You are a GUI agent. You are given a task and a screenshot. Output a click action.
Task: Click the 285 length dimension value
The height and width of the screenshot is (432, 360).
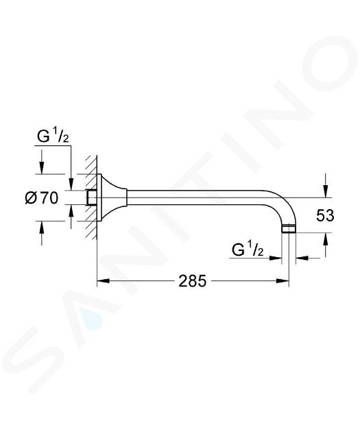click(x=192, y=281)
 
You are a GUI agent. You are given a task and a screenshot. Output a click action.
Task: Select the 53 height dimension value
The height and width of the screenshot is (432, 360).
click(x=325, y=215)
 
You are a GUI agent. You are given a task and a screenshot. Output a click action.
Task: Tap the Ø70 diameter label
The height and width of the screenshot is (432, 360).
click(x=42, y=197)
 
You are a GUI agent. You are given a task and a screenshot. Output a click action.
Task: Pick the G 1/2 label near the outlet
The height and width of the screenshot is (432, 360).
click(x=248, y=250)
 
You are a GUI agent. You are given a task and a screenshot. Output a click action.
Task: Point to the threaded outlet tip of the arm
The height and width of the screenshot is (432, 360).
click(x=289, y=229)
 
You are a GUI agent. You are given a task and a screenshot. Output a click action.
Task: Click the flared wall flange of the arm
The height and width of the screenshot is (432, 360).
click(x=112, y=197)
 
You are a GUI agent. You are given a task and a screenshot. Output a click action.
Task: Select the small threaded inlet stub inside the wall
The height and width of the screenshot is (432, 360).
click(x=91, y=197)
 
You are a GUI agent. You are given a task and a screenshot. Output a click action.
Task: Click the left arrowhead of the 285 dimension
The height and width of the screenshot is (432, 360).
click(x=104, y=280)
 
